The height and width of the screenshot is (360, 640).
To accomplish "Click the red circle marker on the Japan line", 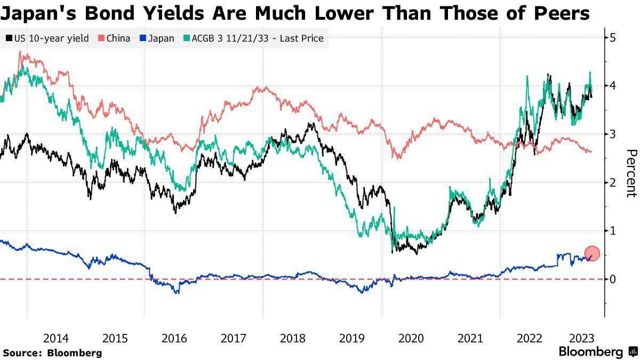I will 593,254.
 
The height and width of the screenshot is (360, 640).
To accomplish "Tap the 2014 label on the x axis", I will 55,338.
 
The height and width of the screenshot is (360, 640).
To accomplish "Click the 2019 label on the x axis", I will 351,338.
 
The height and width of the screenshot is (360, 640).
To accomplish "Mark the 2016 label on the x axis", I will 174,338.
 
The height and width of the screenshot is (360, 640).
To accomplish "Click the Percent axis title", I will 631,173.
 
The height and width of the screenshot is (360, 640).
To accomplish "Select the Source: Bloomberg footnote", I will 52,353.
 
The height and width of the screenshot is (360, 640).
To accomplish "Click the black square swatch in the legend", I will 9,38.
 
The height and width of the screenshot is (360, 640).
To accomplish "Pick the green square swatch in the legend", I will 186,38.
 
